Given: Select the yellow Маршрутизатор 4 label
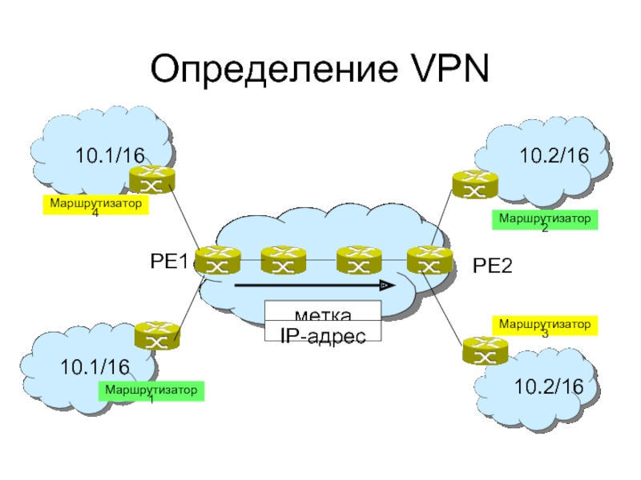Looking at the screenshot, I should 96,207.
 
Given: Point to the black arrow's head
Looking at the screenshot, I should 389,285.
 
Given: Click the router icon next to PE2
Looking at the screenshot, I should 425,259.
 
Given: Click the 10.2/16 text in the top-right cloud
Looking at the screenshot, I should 554,157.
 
